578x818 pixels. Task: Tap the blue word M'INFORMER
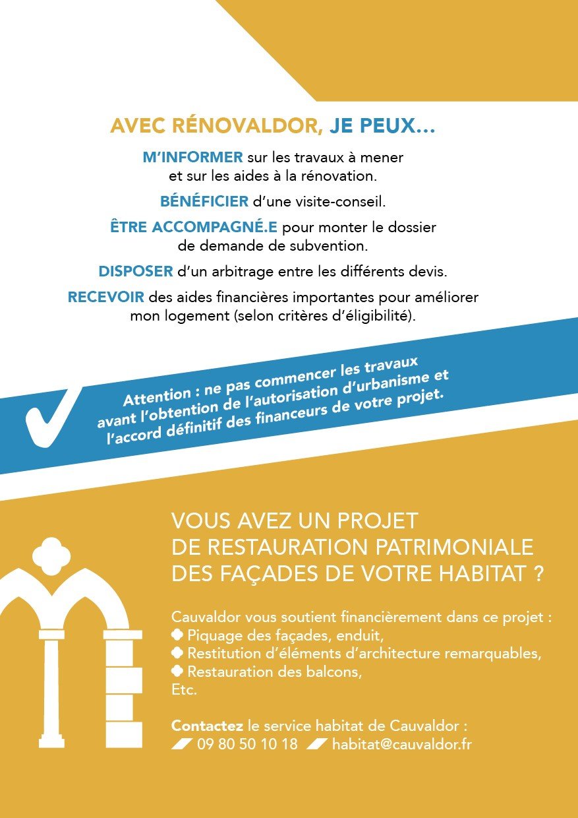pos(193,158)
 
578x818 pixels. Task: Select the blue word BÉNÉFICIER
pos(204,201)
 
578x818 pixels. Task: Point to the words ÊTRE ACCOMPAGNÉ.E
pos(194,228)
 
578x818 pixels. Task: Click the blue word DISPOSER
pos(136,271)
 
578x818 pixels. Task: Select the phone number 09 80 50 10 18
pos(247,744)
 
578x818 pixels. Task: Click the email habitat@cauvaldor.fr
pos(402,744)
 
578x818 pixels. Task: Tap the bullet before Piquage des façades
pos(177,636)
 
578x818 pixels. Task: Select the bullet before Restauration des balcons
pos(177,672)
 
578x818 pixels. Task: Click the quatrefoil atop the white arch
pos(51,553)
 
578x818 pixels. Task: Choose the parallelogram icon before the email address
pos(317,744)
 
